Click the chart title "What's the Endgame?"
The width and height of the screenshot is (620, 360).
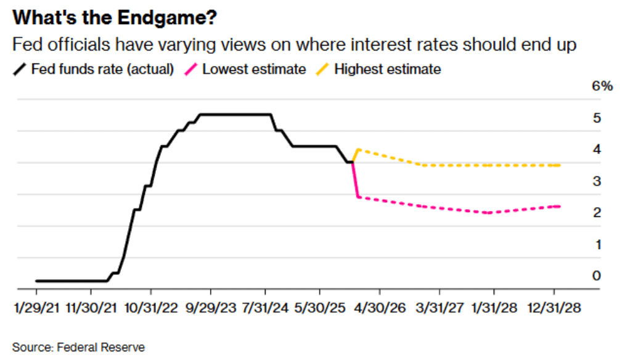click(x=114, y=18)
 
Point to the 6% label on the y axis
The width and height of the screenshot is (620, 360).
click(x=602, y=86)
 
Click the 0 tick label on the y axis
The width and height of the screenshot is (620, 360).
click(x=597, y=276)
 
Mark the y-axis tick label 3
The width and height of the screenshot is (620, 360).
click(x=597, y=181)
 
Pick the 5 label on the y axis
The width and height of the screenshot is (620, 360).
click(x=597, y=118)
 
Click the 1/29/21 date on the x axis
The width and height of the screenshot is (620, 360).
click(x=36, y=308)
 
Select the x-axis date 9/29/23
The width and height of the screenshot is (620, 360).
click(x=211, y=308)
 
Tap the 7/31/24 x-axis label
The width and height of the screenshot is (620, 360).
click(x=266, y=308)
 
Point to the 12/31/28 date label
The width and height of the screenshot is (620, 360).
click(x=553, y=308)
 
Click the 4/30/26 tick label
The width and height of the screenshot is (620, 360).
click(x=380, y=308)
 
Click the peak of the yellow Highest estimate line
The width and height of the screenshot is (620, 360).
click(x=358, y=149)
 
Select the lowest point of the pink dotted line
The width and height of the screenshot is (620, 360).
click(x=487, y=213)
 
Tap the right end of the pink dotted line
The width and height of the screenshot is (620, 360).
click(x=559, y=206)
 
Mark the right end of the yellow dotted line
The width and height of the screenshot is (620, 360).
click(x=559, y=165)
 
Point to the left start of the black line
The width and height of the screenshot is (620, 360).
click(x=36, y=281)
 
